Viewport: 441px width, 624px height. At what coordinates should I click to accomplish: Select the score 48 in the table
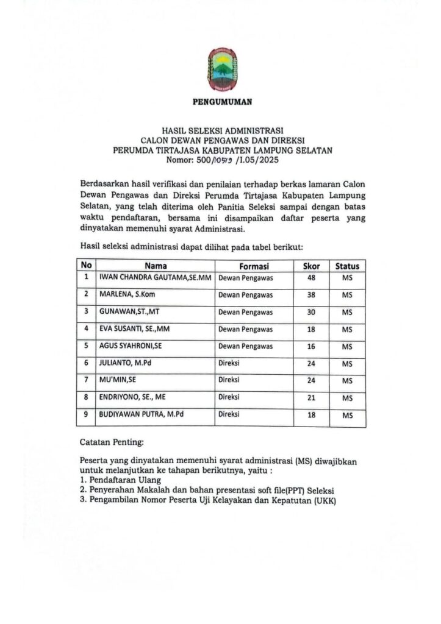(x=311, y=277)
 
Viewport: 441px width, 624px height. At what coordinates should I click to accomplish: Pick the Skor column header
(x=311, y=266)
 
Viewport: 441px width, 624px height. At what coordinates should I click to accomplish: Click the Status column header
(x=347, y=266)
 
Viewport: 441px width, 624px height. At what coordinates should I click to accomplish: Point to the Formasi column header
(x=254, y=266)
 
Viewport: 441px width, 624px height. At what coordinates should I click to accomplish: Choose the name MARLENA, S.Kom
(x=125, y=294)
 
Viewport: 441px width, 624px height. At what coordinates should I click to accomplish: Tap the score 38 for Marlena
(x=311, y=294)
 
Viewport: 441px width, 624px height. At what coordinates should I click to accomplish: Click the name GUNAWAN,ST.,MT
(x=126, y=311)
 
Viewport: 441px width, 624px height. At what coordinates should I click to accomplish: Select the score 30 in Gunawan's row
(x=311, y=311)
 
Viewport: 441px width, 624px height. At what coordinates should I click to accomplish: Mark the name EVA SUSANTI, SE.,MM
(x=134, y=328)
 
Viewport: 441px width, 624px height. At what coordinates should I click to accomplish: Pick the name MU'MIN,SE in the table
(x=118, y=380)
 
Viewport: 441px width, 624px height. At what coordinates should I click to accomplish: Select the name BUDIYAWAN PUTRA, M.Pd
(x=142, y=414)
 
